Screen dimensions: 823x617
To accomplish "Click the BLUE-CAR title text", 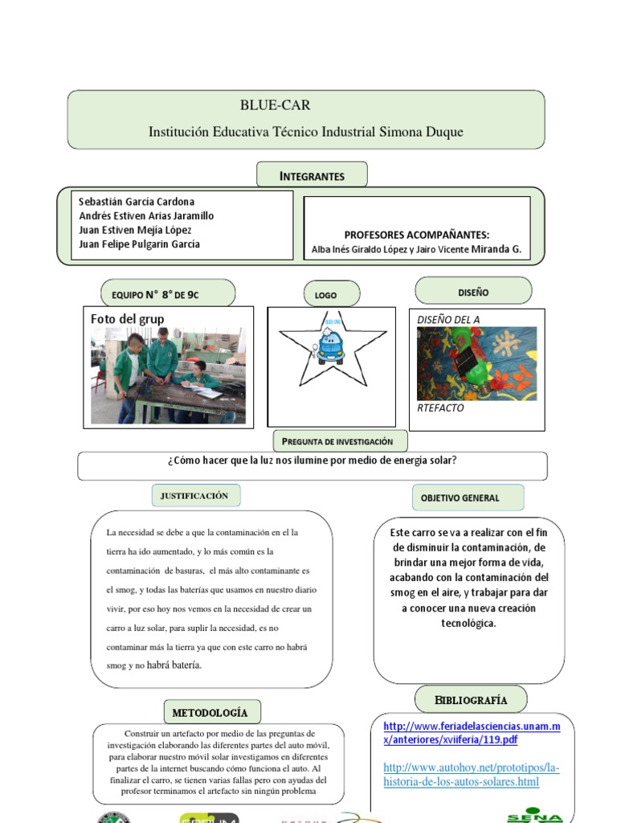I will (x=275, y=105).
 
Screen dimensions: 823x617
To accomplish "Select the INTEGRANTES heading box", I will (x=312, y=175).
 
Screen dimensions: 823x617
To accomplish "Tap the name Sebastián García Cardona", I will (x=137, y=202).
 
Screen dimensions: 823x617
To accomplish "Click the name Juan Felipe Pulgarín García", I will (x=140, y=244).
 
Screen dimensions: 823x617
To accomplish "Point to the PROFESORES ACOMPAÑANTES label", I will (x=416, y=235).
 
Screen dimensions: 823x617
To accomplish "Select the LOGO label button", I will (x=326, y=295).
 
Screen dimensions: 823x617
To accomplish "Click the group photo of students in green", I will (x=164, y=376).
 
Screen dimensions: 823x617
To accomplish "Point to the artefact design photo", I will (x=477, y=363).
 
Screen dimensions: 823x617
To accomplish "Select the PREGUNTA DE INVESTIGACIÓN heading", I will (x=340, y=441).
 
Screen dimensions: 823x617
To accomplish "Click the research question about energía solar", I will (x=313, y=461).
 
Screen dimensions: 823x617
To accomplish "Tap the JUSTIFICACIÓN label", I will (x=194, y=496).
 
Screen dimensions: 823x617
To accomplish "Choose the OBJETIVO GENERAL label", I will (x=460, y=497).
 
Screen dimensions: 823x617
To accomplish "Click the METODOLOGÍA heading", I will (x=210, y=712).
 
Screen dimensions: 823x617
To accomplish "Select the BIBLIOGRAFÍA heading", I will (x=471, y=699).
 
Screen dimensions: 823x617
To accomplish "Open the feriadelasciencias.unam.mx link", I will (x=472, y=733).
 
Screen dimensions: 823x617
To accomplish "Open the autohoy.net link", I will (x=471, y=774).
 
